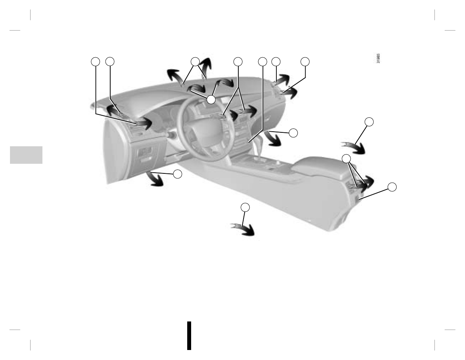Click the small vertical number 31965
pos(378,59)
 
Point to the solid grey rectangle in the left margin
pos(26,155)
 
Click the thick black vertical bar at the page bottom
pos(189,335)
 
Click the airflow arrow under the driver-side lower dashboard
pos(155,178)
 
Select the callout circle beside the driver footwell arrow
pos(177,174)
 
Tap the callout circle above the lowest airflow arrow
pos(245,207)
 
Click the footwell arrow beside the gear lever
pos(273,138)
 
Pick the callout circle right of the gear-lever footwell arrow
pos(293,133)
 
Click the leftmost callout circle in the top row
pos(95,61)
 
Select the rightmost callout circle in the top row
pos(305,61)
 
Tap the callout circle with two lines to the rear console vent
pos(346,158)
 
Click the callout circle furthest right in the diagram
pos(392,187)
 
